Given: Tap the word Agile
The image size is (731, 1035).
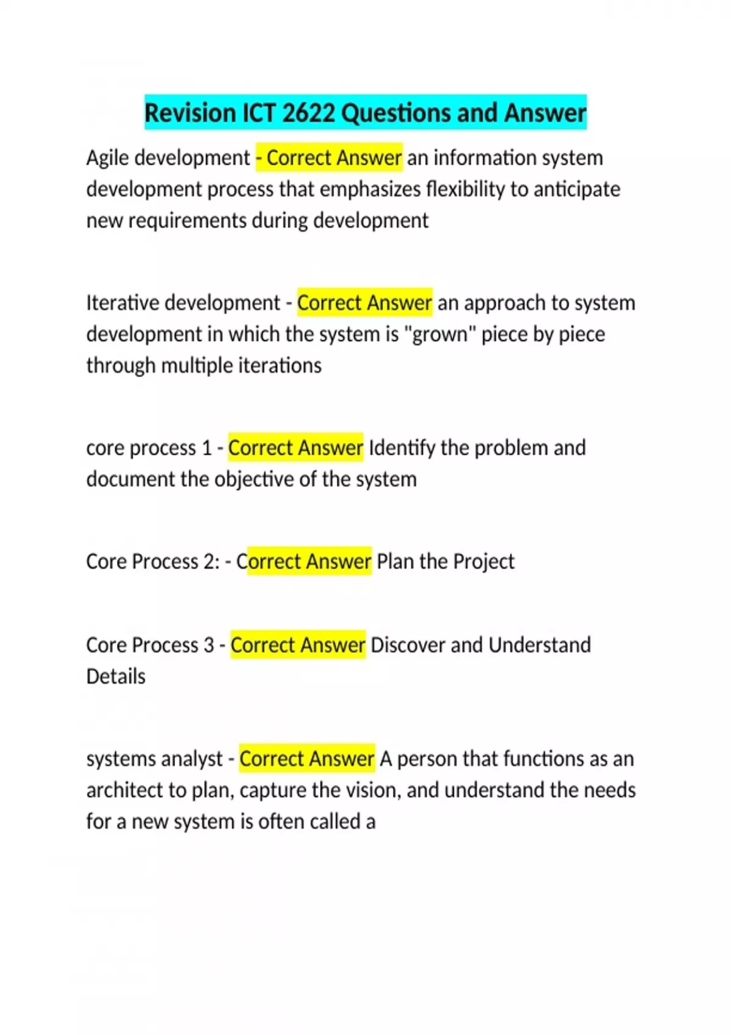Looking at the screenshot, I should coord(107,158).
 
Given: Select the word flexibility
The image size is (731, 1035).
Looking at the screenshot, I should coord(465,189).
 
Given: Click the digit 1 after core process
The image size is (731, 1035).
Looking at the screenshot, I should coord(207,448).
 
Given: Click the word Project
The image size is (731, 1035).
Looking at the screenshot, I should coord(484,561).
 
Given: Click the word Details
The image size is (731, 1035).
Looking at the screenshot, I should coord(116,676).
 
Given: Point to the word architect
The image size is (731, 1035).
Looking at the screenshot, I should coord(125,790).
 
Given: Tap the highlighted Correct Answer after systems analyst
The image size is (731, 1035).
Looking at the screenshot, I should coord(306,759).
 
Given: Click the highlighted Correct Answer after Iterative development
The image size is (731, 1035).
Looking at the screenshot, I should coord(364,303).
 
